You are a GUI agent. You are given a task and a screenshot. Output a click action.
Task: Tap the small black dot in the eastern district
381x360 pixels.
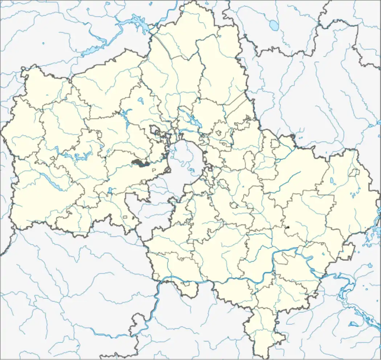tap(288, 227)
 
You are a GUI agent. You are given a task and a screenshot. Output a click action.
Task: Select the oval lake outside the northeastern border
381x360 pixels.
tap(273, 25)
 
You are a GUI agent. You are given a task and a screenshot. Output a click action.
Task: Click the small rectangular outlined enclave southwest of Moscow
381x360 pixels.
tap(126, 217)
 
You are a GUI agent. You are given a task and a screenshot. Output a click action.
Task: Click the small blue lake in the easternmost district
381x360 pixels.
tap(332, 181)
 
